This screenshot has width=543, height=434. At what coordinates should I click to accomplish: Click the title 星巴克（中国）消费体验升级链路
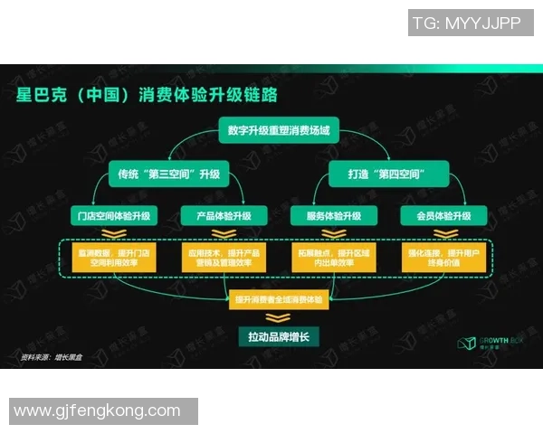(x=147, y=94)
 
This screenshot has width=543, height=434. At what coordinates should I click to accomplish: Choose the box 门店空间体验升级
(x=115, y=216)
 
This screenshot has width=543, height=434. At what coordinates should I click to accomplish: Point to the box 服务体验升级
(x=327, y=216)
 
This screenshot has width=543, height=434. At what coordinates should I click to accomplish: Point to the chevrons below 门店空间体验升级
(x=115, y=234)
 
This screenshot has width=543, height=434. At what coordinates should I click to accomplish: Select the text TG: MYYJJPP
(x=466, y=24)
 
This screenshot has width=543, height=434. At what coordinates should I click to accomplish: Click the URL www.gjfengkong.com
(x=98, y=411)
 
